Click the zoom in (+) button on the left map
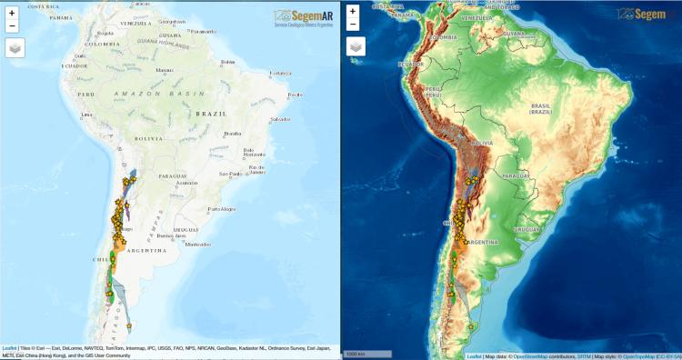pos(12,14)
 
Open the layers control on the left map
pos(16,46)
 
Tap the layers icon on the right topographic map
pos(356,46)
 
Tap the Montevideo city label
pos(197,245)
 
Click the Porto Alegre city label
pos(221,209)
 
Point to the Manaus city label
pos(165,69)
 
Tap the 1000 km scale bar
pos(356,354)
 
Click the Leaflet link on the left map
pos(9,348)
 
